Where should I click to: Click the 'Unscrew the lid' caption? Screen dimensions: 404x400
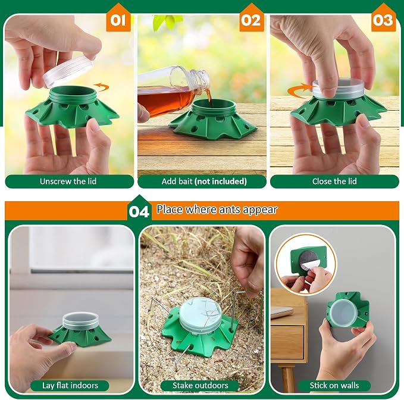pyautogui.click(x=68, y=182)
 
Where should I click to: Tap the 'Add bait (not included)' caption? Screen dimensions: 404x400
pyautogui.click(x=204, y=182)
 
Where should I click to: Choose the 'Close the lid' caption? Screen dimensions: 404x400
pyautogui.click(x=334, y=182)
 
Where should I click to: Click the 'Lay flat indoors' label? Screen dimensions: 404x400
pyautogui.click(x=70, y=386)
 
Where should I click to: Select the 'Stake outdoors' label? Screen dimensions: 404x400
pyautogui.click(x=200, y=386)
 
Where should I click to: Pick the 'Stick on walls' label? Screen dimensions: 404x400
pyautogui.click(x=334, y=386)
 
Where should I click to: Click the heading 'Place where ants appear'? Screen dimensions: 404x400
pyautogui.click(x=217, y=210)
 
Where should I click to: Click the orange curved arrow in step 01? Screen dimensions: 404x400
pyautogui.click(x=102, y=87)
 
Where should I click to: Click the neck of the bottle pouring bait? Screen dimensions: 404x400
pyautogui.click(x=201, y=77)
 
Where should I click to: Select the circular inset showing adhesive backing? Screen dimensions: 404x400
pyautogui.click(x=306, y=264)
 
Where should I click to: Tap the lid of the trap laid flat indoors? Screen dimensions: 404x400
pyautogui.click(x=80, y=320)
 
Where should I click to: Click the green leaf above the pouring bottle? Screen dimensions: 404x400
pyautogui.click(x=167, y=21)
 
